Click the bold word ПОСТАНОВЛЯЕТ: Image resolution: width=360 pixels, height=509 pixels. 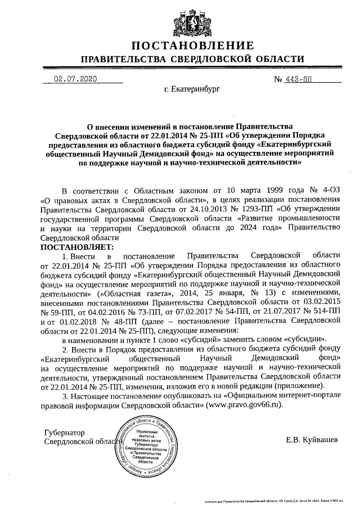pos(77,246)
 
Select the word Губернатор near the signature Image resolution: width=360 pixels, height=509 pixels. pos(64,433)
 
